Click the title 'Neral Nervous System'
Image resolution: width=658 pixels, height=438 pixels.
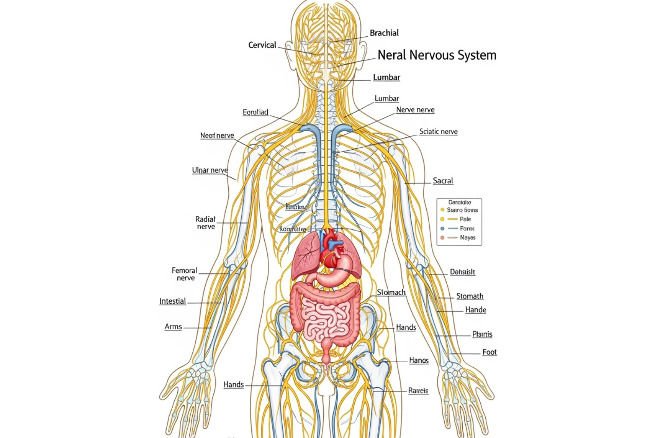coord(437,55)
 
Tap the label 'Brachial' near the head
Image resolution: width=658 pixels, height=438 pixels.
coord(384,33)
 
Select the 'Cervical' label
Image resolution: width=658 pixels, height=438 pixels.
coord(262,45)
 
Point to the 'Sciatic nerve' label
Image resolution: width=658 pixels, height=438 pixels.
coord(438,131)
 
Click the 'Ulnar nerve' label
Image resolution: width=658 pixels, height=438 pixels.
coord(209,170)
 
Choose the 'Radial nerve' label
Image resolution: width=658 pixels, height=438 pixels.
coord(206,223)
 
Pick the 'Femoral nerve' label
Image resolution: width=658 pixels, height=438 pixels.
coord(185,274)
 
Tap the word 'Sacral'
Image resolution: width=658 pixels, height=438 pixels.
coord(443,181)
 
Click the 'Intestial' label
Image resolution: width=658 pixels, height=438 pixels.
coord(173,301)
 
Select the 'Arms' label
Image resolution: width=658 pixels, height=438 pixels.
coord(173,327)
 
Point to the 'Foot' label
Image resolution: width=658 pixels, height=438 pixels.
coord(489,352)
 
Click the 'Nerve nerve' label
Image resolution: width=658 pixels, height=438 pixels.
coord(415,110)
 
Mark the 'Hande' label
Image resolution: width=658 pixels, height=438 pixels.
coord(476,310)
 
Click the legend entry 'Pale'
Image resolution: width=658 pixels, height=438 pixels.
coord(465,219)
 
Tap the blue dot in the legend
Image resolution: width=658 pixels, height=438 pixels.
coord(443,228)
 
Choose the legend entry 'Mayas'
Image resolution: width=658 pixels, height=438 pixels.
coord(467,237)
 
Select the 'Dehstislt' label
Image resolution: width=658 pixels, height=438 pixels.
coord(462,272)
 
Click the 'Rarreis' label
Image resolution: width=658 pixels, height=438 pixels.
coord(418,391)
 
